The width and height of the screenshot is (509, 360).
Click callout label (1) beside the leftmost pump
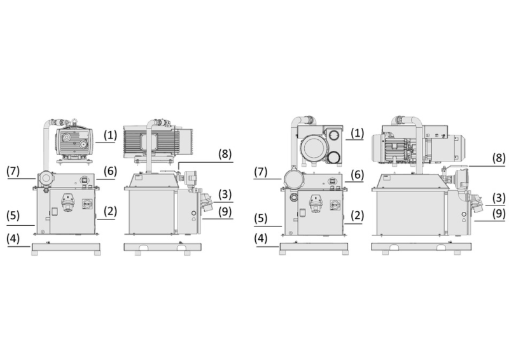coord(110,135)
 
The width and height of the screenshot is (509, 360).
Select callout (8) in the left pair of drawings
coord(225,153)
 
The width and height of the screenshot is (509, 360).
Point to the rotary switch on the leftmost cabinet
coord(87,204)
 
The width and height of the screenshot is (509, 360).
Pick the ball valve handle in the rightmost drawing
coord(456,167)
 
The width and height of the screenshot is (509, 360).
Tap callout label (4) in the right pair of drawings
coord(261,239)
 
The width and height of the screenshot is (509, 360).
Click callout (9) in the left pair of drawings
coord(225,211)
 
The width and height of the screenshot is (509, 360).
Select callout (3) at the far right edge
coord(499,198)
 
